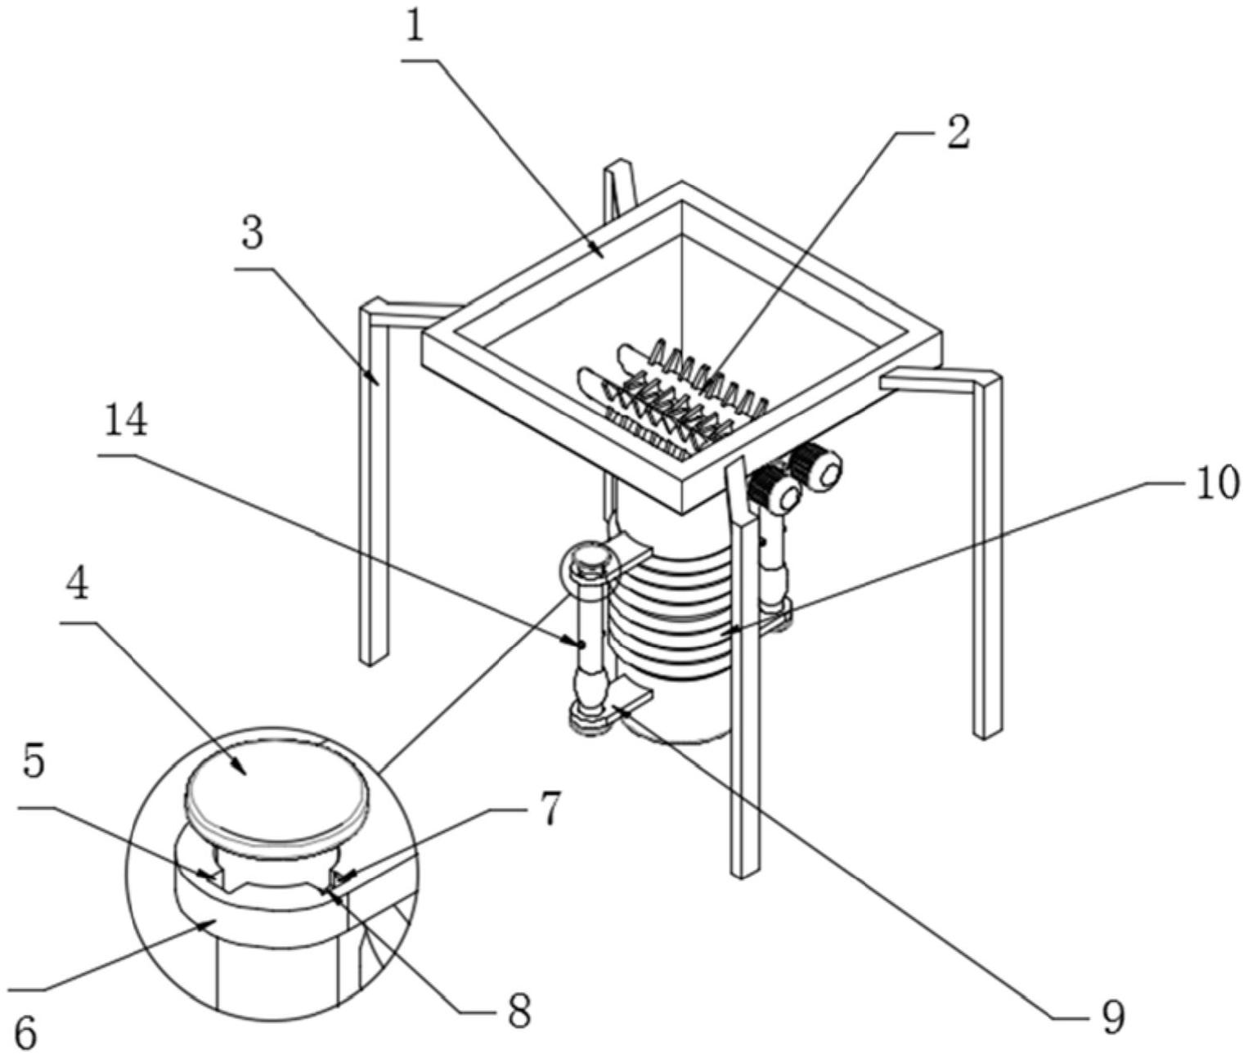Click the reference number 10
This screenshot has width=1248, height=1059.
pyautogui.click(x=1214, y=485)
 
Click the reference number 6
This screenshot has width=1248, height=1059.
pyautogui.click(x=25, y=1035)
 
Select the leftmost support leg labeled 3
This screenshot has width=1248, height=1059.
pyautogui.click(x=375, y=483)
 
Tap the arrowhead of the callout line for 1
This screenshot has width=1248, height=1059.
pyautogui.click(x=598, y=250)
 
